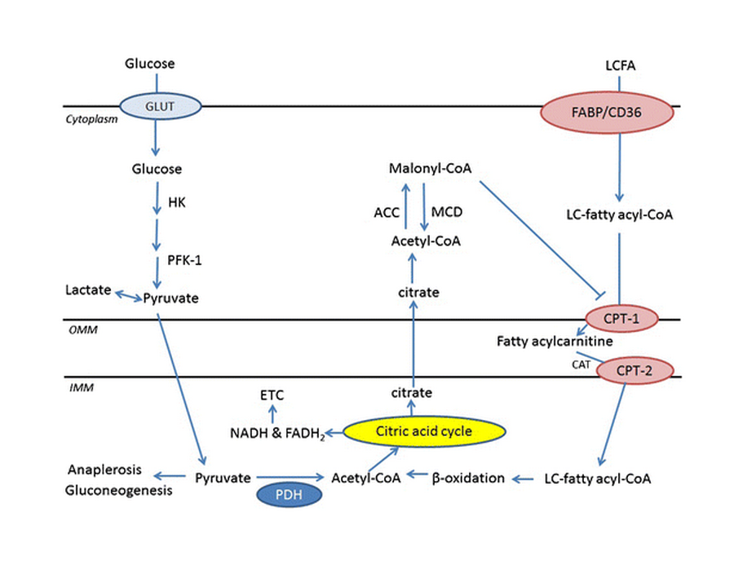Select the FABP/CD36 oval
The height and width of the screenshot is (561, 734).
[608, 113]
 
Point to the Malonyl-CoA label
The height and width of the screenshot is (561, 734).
[431, 169]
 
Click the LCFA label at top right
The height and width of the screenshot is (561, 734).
[620, 64]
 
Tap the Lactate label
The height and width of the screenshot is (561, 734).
[89, 290]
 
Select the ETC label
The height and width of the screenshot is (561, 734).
[272, 395]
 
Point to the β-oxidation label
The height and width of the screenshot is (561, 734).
[468, 478]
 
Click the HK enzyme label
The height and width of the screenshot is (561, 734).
[176, 202]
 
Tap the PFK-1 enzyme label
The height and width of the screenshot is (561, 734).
[186, 261]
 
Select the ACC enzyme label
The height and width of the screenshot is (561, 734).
[386, 212]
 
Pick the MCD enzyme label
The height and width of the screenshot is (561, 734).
[447, 212]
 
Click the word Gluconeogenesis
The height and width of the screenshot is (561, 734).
[120, 491]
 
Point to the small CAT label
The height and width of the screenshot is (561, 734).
[580, 366]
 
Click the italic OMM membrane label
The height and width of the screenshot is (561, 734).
[77, 329]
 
